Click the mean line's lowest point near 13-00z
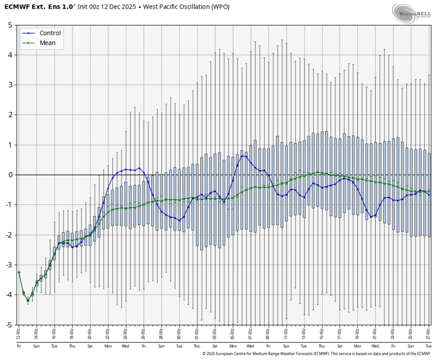[x=28, y=300]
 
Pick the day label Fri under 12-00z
[x=18, y=346]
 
